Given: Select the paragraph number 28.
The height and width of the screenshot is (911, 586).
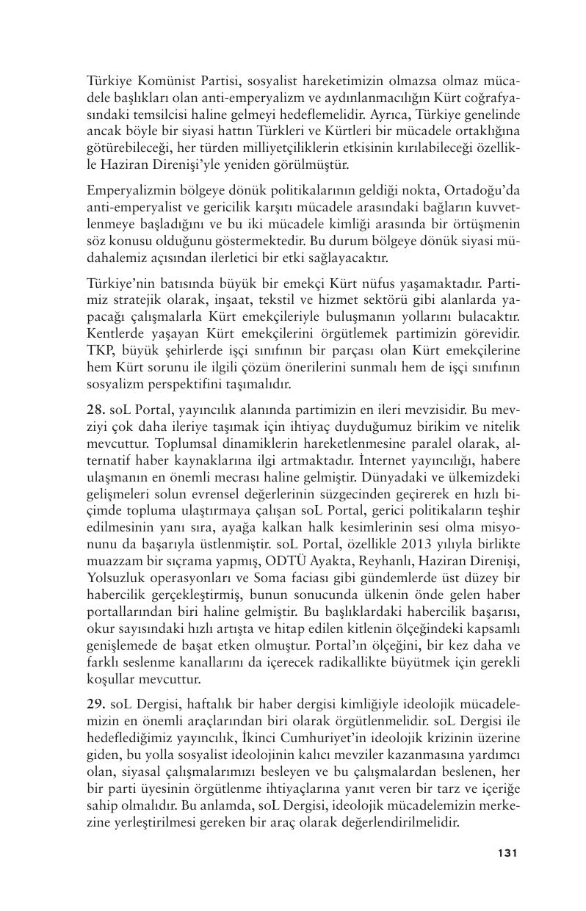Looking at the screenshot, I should click(x=95, y=407).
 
